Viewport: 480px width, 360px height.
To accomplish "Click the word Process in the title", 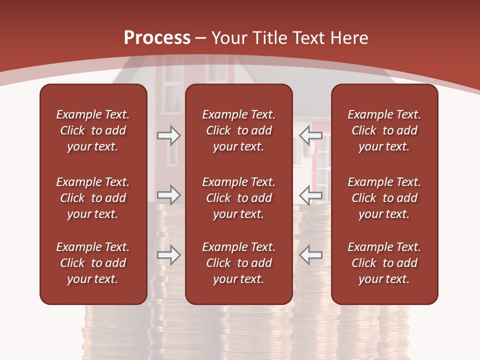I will [x=157, y=38].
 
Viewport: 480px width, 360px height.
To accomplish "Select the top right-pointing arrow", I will [x=168, y=135].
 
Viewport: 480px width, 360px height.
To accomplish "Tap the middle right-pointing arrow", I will [x=168, y=195].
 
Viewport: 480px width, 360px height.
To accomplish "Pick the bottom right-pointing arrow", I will [x=168, y=255].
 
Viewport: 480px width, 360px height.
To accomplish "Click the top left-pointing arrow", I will [x=311, y=135].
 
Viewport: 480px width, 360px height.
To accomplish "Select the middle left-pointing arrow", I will [x=311, y=195].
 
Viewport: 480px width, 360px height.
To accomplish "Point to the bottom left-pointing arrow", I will [x=311, y=255].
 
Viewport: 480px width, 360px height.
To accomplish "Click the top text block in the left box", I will [x=93, y=130].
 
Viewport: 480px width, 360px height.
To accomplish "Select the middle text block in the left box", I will [x=93, y=198].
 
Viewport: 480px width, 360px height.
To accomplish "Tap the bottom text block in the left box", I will [x=93, y=263].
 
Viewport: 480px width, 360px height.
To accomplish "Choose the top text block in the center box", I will [x=238, y=130].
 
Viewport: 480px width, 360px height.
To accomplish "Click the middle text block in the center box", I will [x=238, y=198].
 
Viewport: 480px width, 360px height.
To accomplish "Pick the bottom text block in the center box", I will [x=238, y=263].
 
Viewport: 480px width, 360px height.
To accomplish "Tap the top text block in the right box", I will [x=384, y=130].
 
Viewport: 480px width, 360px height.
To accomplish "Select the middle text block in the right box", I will [x=384, y=198].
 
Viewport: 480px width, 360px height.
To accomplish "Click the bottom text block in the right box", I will [x=384, y=263].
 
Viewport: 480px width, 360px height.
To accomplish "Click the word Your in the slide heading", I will [x=229, y=38].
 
